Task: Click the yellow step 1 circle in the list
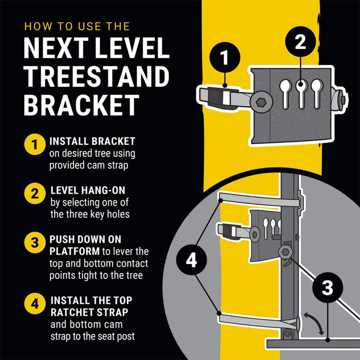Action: click(x=35, y=145)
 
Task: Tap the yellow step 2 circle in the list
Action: click(x=35, y=194)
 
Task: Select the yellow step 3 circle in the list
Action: click(x=35, y=242)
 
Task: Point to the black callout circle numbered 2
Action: click(x=300, y=42)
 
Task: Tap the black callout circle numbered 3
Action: click(x=327, y=288)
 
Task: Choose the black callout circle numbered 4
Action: click(x=191, y=260)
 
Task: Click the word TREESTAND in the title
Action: click(x=96, y=76)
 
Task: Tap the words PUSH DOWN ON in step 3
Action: click(x=86, y=239)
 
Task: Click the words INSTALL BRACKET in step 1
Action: click(x=92, y=141)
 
